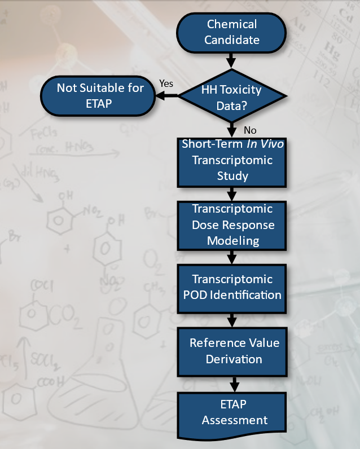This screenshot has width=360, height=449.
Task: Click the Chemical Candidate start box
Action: (x=232, y=32)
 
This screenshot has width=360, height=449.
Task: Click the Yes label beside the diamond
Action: (x=166, y=83)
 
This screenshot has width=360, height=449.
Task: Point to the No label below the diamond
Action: (x=250, y=130)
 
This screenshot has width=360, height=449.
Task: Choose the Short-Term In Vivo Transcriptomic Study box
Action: (x=232, y=160)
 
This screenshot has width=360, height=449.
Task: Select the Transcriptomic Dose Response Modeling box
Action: (x=232, y=224)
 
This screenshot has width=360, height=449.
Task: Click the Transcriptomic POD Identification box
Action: (x=232, y=287)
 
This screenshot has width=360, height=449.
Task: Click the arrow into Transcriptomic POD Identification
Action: (x=232, y=257)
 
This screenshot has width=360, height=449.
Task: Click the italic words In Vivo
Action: (x=265, y=144)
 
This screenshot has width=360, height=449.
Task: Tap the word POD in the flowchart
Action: (x=197, y=294)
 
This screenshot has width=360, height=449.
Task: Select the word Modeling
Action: (x=232, y=241)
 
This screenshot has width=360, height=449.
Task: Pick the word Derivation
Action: (x=234, y=359)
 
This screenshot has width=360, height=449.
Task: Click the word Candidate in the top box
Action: (x=232, y=39)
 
